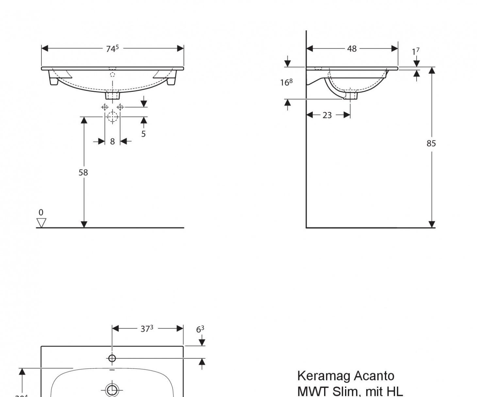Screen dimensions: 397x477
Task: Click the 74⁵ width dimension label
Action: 112,49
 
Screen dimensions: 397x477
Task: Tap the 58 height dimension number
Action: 83,173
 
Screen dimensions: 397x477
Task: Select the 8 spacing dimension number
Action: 112,141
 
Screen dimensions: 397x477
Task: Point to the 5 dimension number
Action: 143,134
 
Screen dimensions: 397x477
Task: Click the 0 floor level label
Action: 41,212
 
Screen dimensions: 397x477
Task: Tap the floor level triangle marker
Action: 41,223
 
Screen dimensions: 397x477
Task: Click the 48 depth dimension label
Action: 352,49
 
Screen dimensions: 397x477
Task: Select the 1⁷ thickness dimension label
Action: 415,52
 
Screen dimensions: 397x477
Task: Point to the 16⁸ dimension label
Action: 286,83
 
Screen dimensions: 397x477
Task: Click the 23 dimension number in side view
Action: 327,115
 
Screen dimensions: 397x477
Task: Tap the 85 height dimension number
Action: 431,143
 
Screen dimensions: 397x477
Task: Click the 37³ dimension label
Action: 147,329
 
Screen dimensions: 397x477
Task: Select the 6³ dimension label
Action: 200,329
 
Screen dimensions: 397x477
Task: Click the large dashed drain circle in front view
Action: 112,117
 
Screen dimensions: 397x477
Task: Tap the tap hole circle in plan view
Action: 112,358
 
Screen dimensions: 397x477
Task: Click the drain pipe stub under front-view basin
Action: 112,95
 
